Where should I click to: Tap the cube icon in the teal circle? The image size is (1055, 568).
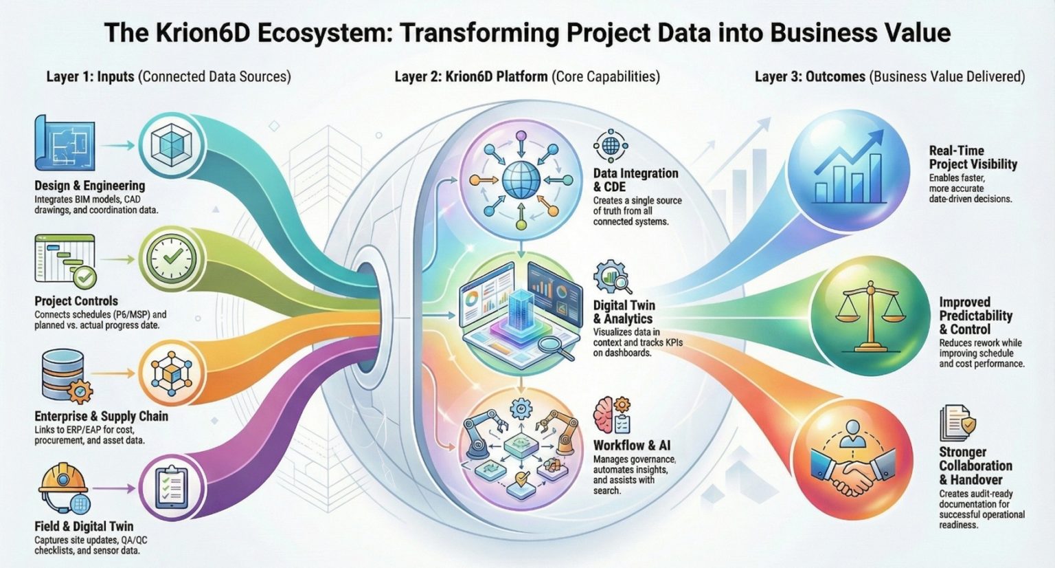pos(170,146)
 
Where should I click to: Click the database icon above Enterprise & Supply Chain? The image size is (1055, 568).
pos(63,374)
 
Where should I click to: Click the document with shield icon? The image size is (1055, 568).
pos(957,423)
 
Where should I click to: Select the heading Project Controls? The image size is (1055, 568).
pos(76,301)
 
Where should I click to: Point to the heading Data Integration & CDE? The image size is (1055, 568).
pos(635,180)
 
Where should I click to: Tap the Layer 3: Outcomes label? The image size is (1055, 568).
pos(810,76)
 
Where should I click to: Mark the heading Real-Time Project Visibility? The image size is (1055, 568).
pos(973,157)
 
